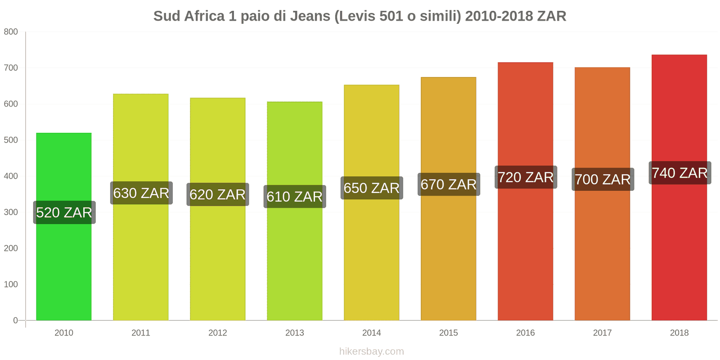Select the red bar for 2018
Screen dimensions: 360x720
tap(679, 252)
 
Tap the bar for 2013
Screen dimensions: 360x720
tap(295, 261)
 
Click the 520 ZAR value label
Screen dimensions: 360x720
tap(64, 212)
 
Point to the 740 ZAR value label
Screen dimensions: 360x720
tap(679, 173)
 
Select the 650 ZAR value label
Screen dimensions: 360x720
tap(372, 188)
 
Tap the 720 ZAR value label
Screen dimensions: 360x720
tap(526, 177)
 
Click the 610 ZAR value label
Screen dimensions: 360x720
tap(295, 197)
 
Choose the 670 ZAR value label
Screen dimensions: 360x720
tap(449, 184)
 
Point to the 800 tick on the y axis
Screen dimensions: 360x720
tap(11, 31)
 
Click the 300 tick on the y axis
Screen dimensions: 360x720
tap(11, 212)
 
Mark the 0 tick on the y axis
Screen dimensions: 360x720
tap(15, 320)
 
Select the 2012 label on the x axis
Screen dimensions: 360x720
tap(218, 333)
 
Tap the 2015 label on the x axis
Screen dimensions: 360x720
tap(449, 333)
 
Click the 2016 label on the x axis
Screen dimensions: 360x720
tap(526, 333)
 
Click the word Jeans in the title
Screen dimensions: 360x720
tap(310, 16)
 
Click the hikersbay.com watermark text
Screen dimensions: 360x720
tap(372, 351)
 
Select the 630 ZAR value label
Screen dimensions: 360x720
tap(141, 193)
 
